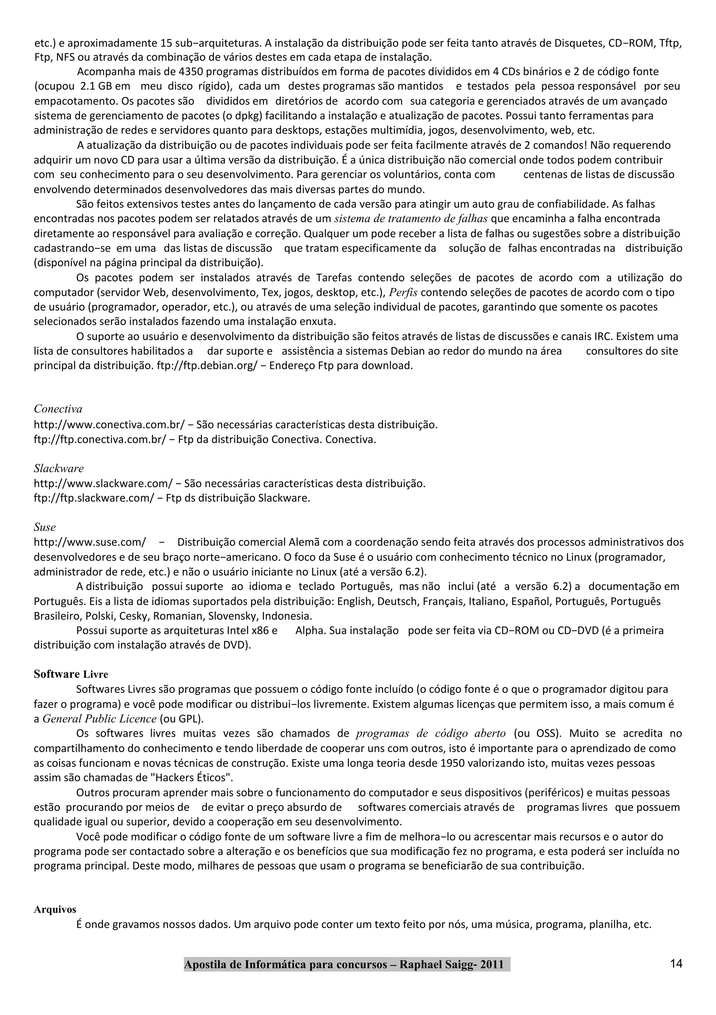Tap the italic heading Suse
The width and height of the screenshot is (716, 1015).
[45, 527]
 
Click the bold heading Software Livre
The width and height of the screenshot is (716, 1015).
[71, 674]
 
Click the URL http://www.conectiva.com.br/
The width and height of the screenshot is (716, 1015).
[109, 425]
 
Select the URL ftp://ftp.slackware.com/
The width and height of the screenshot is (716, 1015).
[94, 498]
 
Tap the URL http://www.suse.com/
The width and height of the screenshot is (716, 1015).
[89, 542]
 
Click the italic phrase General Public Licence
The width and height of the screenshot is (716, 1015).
[99, 719]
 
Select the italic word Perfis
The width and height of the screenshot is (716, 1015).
[403, 292]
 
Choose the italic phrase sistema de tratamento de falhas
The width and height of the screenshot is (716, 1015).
[411, 219]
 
